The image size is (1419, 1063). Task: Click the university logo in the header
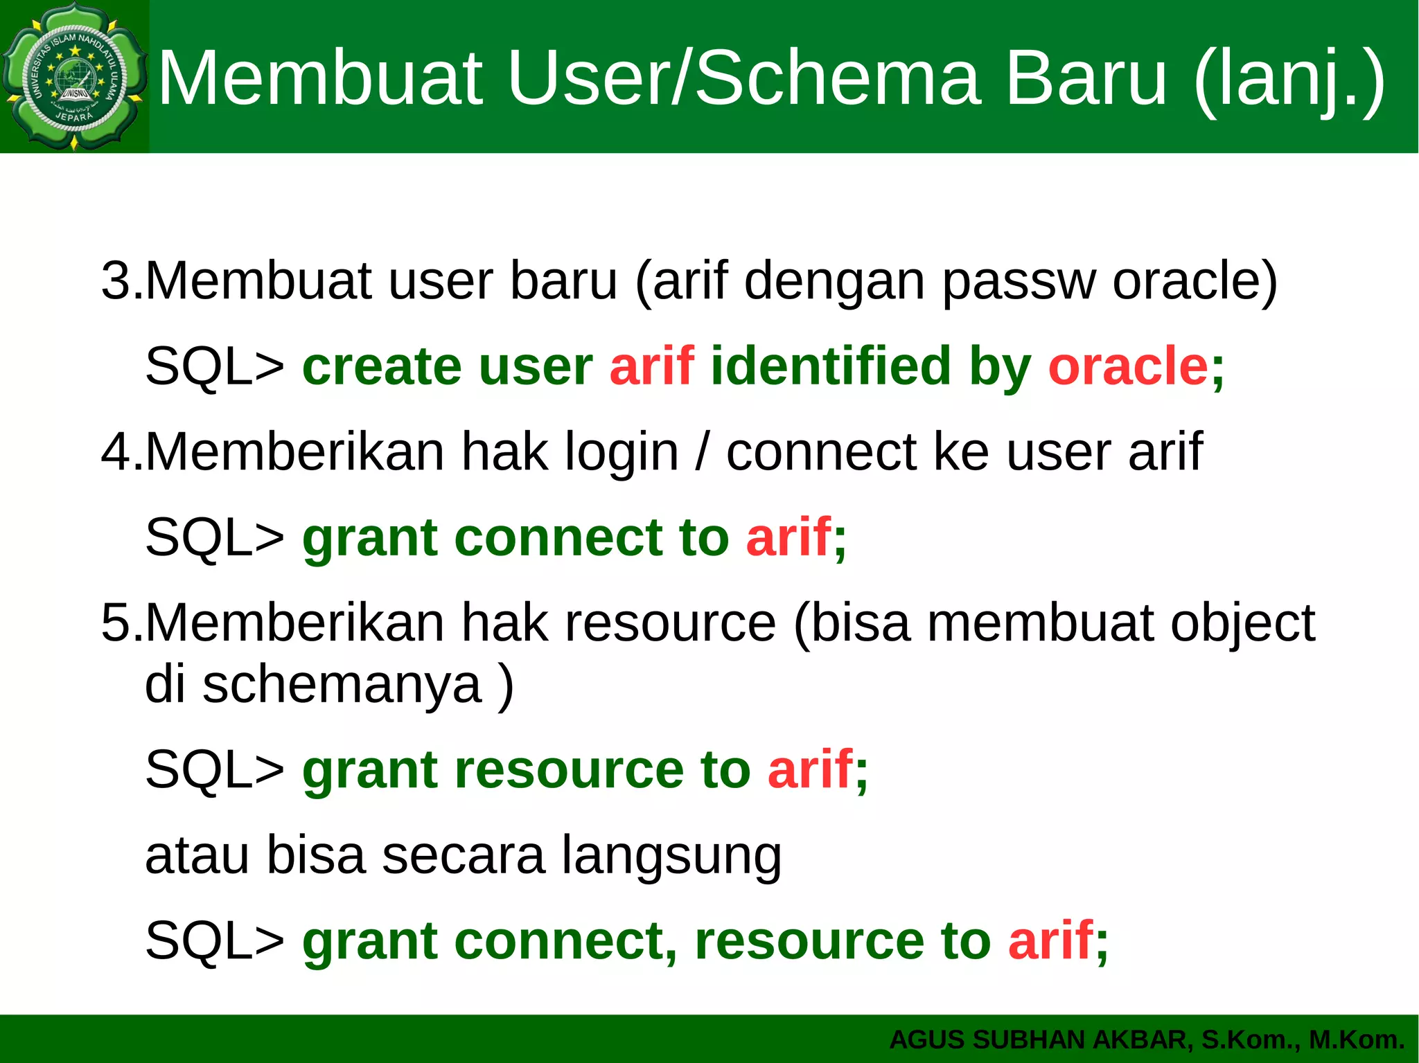coord(74,76)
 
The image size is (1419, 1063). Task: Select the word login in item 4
coord(622,452)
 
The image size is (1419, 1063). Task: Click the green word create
coord(382,367)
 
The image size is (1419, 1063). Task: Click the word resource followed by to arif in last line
coord(809,942)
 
